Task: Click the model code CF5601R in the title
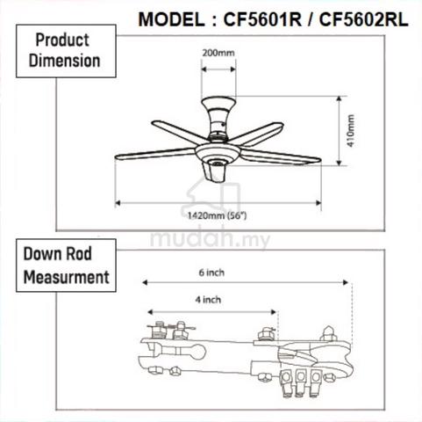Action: [262, 19]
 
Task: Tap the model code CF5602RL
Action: [363, 19]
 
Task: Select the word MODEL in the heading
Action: [171, 19]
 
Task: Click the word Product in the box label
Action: [62, 40]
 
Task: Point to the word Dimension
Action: [64, 61]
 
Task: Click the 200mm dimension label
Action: [218, 53]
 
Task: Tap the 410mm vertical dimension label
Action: [351, 130]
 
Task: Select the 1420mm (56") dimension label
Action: [218, 216]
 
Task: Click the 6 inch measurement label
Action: [211, 273]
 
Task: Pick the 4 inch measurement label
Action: [208, 300]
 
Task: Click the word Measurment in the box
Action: [67, 277]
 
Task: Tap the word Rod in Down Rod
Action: [79, 254]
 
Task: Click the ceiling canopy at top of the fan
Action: [218, 104]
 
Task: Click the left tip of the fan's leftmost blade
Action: [115, 157]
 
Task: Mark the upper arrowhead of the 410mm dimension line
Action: [339, 98]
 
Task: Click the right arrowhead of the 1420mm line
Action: [318, 203]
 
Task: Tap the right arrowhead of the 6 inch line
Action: [346, 282]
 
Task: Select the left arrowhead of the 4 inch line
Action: [150, 312]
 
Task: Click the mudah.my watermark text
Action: [210, 239]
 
